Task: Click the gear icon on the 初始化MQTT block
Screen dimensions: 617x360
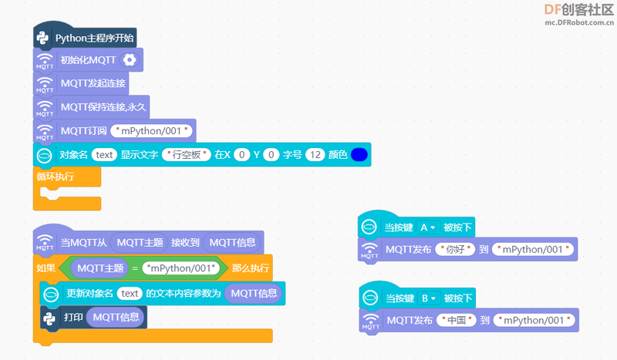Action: (130, 60)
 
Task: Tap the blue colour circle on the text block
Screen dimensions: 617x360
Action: (359, 155)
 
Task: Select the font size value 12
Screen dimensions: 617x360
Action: (315, 155)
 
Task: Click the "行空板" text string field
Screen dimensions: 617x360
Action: (187, 155)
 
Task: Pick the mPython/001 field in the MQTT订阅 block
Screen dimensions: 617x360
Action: (151, 131)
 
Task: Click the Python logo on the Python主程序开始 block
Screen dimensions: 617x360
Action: (42, 39)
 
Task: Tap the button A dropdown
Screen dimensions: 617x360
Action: (428, 227)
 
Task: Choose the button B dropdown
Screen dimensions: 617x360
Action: (429, 298)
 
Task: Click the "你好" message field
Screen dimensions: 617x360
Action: (455, 250)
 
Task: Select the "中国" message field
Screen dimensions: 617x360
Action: (457, 320)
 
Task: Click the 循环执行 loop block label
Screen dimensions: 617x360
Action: (55, 177)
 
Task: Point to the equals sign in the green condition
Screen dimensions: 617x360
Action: (135, 269)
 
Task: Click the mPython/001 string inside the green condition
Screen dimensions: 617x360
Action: (181, 268)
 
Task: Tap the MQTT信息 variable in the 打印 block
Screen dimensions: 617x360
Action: (116, 317)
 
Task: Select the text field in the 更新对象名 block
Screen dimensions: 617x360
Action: (130, 294)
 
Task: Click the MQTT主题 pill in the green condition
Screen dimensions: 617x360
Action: (100, 268)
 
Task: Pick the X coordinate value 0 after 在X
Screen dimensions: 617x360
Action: (241, 155)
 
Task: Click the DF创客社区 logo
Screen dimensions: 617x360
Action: (579, 15)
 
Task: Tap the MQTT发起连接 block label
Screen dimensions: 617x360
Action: (93, 83)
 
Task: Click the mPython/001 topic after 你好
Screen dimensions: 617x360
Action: (533, 250)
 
